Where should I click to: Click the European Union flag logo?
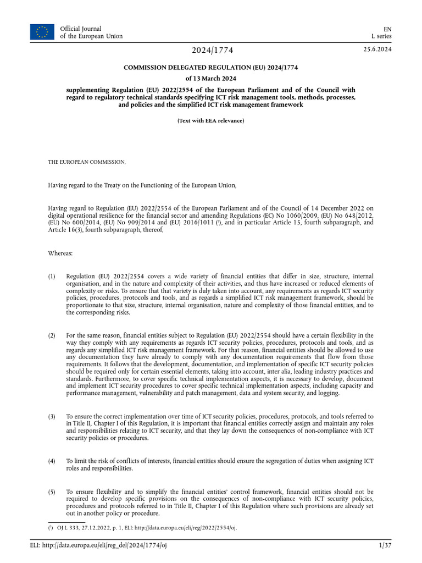click(x=42, y=32)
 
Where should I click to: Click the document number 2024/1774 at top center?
click(x=212, y=51)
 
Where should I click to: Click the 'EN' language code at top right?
click(x=387, y=29)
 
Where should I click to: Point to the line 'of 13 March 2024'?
click(x=210, y=79)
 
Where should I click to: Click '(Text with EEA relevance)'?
click(x=210, y=120)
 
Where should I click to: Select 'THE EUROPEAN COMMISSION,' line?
click(x=87, y=162)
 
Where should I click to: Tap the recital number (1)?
click(x=52, y=276)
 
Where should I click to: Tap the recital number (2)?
click(x=52, y=335)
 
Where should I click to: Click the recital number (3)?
click(x=52, y=417)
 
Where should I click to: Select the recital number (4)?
click(x=52, y=461)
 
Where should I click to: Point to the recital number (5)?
click(x=52, y=492)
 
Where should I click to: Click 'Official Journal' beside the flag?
click(x=80, y=29)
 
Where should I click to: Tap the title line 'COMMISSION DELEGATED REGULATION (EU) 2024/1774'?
click(x=210, y=67)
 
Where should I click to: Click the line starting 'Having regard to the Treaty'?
click(x=143, y=185)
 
